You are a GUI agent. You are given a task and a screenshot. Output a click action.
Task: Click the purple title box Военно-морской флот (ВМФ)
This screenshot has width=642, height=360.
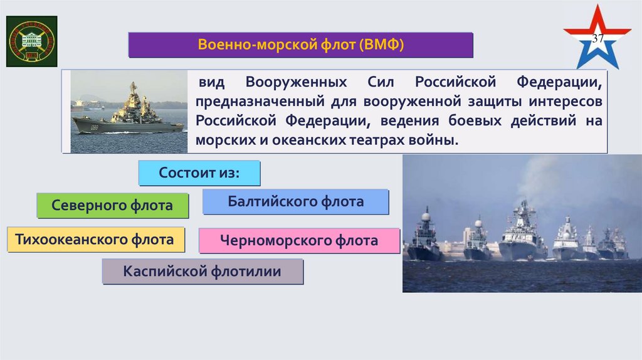[301, 46]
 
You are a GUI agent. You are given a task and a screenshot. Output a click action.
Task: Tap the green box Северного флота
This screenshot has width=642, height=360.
[112, 205]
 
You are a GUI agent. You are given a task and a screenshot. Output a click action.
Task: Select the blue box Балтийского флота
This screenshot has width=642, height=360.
[295, 202]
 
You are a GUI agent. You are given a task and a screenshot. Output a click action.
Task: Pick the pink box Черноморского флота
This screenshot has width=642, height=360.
[299, 240]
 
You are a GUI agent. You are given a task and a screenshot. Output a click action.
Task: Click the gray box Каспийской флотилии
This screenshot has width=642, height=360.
[202, 272]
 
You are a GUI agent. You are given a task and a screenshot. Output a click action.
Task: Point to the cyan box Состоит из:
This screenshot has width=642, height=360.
[199, 172]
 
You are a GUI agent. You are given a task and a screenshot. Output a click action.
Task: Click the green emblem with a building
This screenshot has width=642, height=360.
[31, 41]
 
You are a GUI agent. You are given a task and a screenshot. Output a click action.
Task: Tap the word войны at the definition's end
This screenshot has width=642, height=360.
[433, 139]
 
